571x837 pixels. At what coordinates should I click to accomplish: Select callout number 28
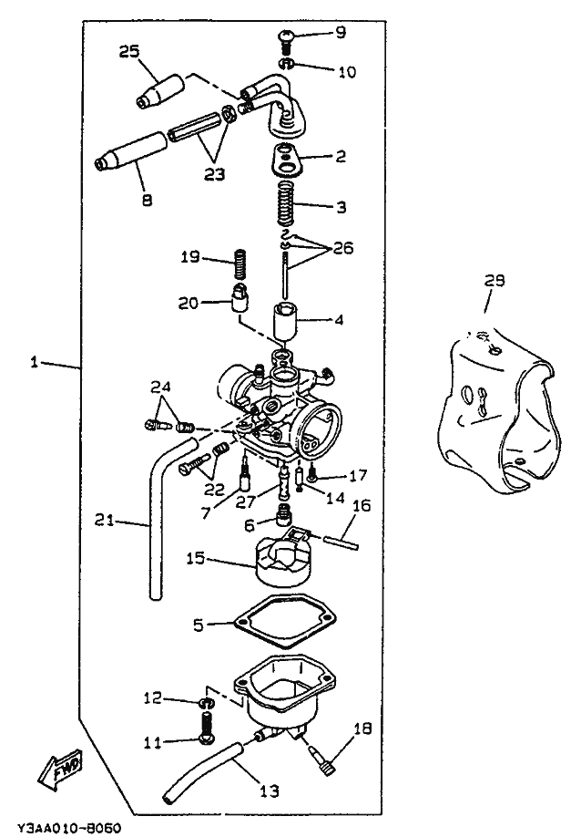(495, 282)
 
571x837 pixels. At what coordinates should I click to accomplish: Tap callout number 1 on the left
(35, 363)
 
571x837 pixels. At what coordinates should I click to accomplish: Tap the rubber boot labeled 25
(159, 91)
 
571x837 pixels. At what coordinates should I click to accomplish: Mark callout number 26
(342, 248)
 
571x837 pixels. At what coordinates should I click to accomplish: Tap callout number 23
(215, 174)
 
